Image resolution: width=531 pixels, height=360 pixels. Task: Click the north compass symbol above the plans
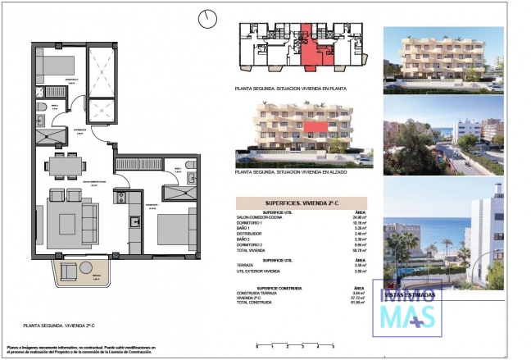coord(211,17)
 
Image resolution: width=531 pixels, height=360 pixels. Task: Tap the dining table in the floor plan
coord(70,166)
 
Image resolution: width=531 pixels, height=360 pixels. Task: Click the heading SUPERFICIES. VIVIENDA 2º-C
coord(301,203)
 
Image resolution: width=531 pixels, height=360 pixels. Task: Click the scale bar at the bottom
coord(287,344)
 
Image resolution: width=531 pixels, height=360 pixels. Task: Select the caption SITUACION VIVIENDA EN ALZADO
coord(301,172)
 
